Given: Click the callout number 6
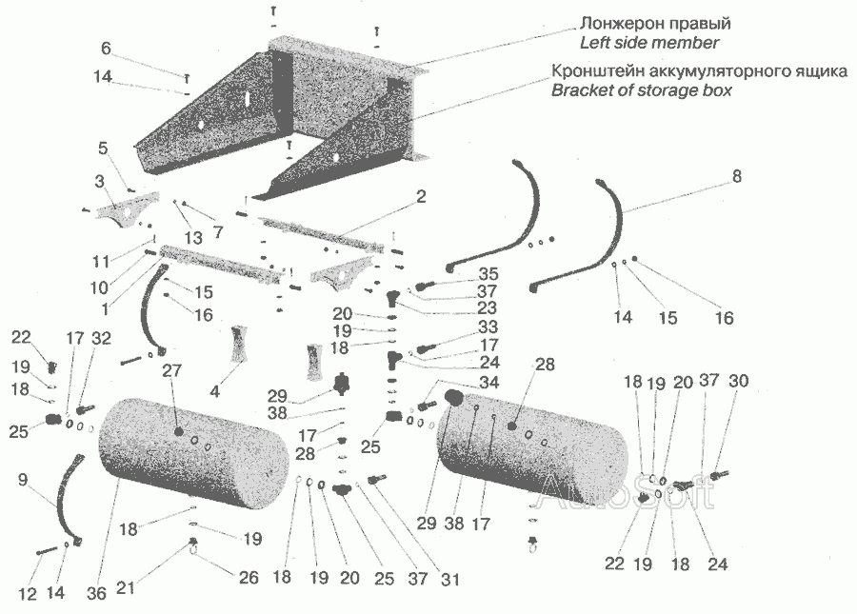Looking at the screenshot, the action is pos(106,48).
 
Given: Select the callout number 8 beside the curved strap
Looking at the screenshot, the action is pos(737,176).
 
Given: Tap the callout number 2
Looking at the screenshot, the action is pos(420,196).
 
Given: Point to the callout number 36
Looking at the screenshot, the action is pos(97,593).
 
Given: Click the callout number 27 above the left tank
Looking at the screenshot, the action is pos(171,369).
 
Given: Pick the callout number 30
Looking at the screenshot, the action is pos(738,380).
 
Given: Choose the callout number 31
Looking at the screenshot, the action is pos(450,579).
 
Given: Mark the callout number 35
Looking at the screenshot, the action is pos(488,273).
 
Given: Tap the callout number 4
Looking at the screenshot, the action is pos(215,391).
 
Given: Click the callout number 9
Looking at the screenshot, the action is pos(23,480).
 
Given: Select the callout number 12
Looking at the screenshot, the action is pos(28,593).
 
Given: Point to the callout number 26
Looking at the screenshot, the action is pos(249,577).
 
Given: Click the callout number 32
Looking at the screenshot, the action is pos(101,338).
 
